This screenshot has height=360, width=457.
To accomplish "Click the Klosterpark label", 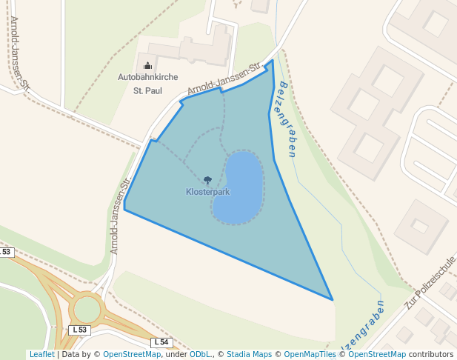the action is [207, 192].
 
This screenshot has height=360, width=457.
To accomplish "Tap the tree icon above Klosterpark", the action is [207, 180].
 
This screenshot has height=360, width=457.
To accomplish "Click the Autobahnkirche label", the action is [147, 76].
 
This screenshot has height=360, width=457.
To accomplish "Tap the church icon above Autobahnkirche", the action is [147, 65].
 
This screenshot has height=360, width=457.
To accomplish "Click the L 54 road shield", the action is [161, 342].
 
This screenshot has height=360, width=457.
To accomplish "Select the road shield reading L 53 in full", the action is [79, 329].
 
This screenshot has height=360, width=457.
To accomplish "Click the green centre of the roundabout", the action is [87, 309].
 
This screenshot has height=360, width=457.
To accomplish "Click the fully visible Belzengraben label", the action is [285, 119].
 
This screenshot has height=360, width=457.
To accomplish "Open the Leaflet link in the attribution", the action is [41, 355].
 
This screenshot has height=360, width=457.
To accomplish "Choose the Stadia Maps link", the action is [249, 355].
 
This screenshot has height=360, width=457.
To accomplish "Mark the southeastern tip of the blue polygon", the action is [332, 299].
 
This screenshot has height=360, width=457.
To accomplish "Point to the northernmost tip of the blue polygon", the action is [273, 61].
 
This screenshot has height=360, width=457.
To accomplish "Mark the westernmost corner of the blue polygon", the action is [124, 208].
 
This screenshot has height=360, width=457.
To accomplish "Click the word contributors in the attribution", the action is [431, 355].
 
